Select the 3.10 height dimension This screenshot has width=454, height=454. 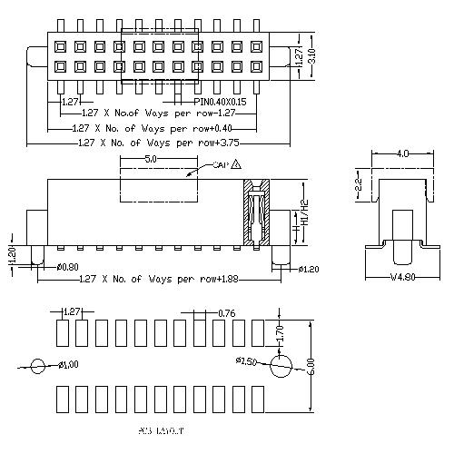(x=311, y=56)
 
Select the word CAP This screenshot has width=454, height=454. (x=220, y=166)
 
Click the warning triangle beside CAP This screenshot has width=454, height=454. (x=236, y=165)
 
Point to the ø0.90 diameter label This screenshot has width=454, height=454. (x=66, y=268)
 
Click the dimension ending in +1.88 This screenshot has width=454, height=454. (x=160, y=278)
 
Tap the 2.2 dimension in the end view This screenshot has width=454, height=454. (x=359, y=188)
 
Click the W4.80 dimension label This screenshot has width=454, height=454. (x=401, y=278)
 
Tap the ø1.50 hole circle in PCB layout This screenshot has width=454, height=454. (x=282, y=366)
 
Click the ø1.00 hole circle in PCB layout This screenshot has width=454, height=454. (x=38, y=367)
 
